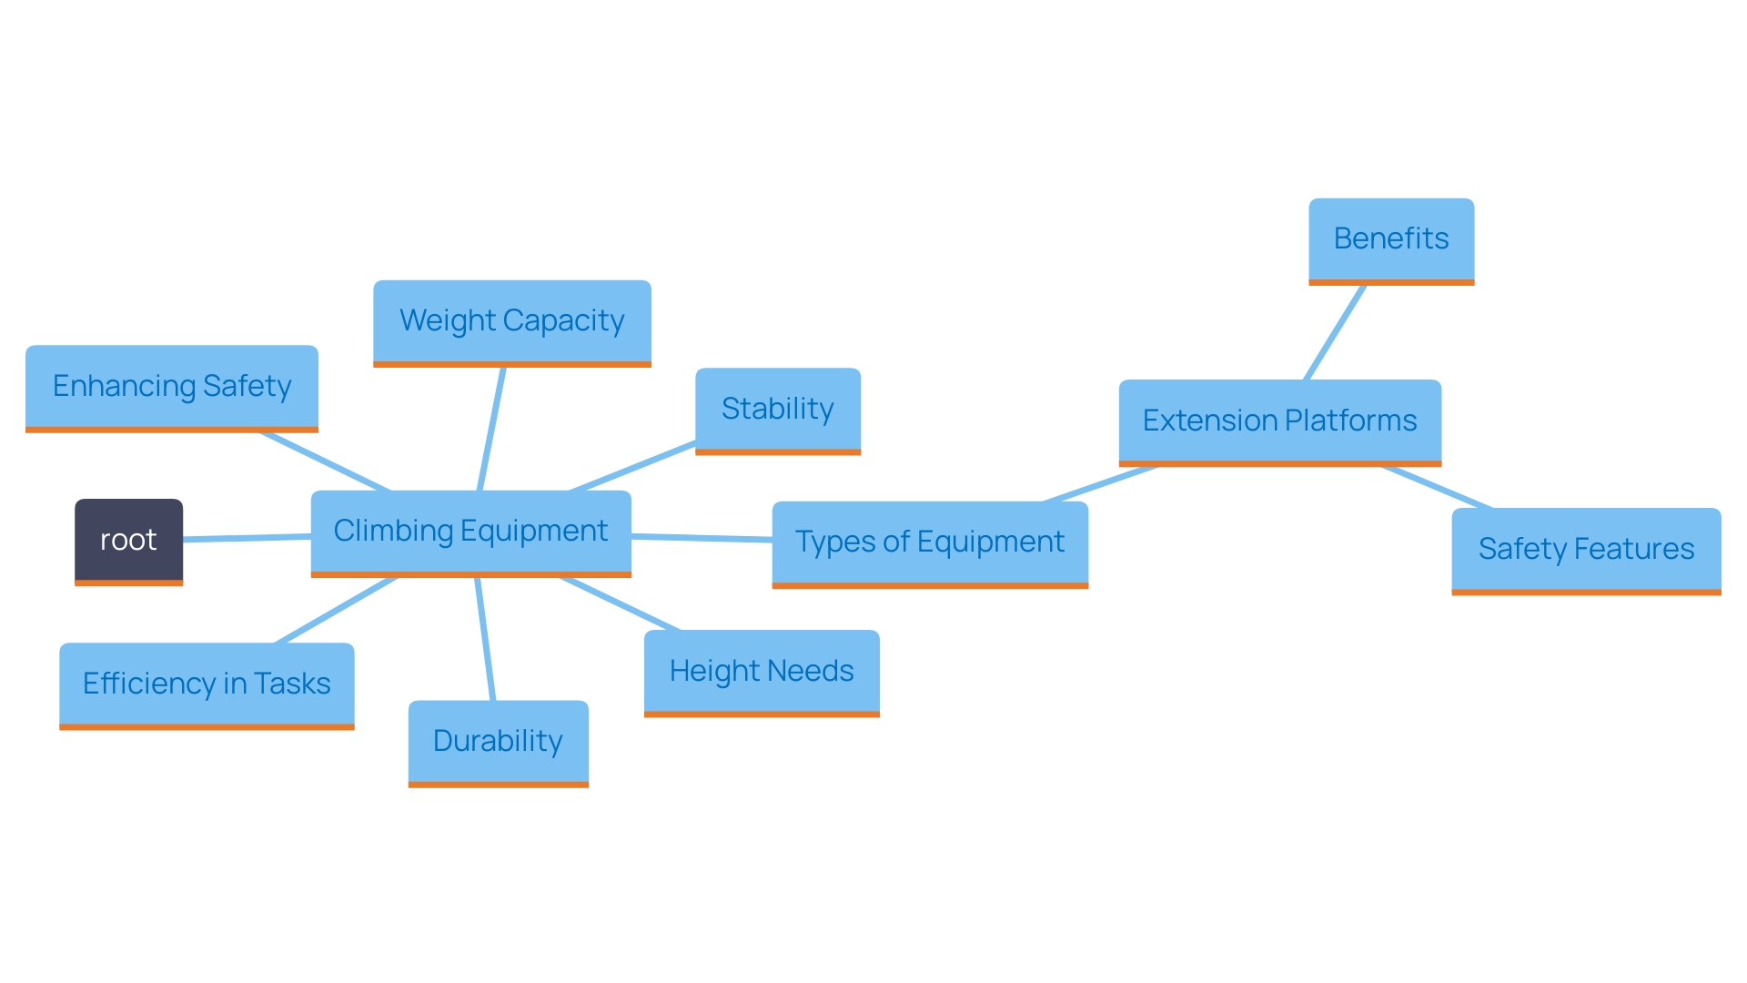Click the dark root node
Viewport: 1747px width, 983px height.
click(128, 541)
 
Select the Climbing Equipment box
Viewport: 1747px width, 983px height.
click(470, 532)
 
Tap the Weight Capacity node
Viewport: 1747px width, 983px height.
click(511, 321)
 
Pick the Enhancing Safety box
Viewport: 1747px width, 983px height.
click(171, 386)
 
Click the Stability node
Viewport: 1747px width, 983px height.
click(777, 409)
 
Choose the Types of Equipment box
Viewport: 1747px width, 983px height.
click(929, 542)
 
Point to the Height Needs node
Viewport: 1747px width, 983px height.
click(761, 672)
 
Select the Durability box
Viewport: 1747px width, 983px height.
click(498, 741)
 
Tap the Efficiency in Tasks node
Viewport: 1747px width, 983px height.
click(207, 684)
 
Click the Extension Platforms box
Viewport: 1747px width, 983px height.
click(1279, 421)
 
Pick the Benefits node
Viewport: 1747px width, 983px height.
click(1390, 239)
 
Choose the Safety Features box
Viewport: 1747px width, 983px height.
click(1585, 549)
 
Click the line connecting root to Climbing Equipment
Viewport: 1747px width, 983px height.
click(247, 538)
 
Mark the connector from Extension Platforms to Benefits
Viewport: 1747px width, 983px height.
click(1335, 333)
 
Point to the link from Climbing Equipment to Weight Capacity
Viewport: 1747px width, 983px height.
click(491, 429)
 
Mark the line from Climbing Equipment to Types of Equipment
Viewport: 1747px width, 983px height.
click(702, 538)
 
